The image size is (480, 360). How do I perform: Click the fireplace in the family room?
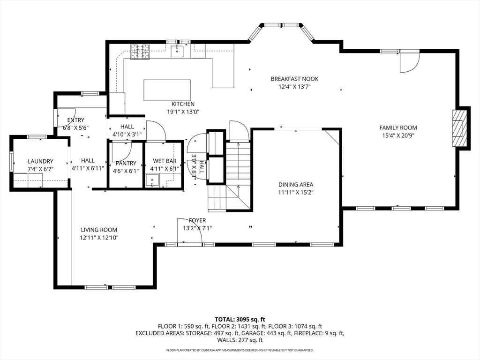[460, 128]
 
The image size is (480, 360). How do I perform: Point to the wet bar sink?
[151, 180]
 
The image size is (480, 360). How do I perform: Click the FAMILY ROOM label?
[398, 127]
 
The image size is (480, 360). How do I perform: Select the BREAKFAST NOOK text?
[294, 79]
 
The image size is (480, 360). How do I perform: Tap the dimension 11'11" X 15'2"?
[295, 192]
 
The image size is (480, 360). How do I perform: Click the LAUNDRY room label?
[40, 161]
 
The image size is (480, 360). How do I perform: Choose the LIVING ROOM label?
[99, 230]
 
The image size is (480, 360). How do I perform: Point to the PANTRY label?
[125, 163]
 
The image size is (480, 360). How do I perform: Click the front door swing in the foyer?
[189, 231]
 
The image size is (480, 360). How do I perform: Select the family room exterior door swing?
[409, 62]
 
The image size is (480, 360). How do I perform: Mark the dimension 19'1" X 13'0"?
[183, 112]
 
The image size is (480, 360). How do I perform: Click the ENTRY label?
[75, 120]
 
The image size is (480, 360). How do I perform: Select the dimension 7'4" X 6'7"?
[40, 169]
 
